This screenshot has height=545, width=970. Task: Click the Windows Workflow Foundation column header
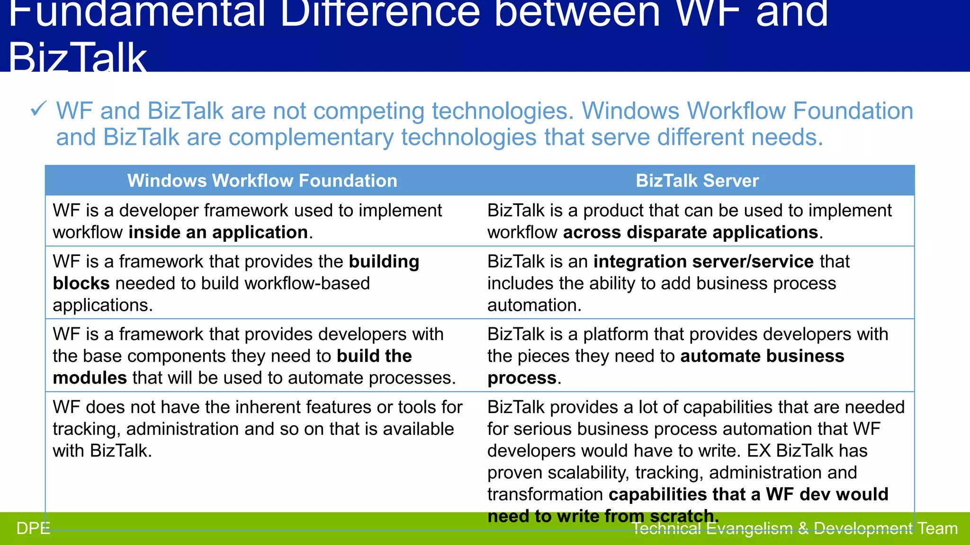(262, 181)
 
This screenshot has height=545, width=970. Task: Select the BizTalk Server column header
(697, 181)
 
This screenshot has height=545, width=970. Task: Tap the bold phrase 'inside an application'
(218, 232)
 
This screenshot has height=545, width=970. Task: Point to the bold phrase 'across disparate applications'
(691, 232)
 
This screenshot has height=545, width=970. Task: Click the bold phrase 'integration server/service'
(703, 262)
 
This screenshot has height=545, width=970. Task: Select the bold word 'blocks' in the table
(81, 283)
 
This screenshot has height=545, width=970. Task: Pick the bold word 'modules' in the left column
(90, 378)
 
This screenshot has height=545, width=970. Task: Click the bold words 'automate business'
(762, 356)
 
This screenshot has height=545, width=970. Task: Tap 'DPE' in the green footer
(33, 528)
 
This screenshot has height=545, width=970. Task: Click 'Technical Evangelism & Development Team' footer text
(794, 528)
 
